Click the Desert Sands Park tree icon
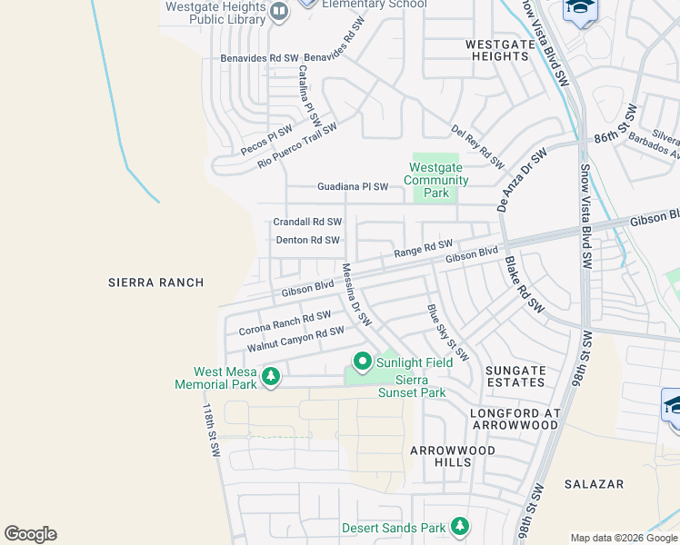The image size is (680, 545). (x=460, y=527)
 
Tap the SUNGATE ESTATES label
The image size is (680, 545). (x=515, y=377)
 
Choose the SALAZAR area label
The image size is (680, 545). (x=594, y=484)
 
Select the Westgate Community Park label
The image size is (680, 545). (x=435, y=180)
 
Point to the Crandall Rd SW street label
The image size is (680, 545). (x=307, y=222)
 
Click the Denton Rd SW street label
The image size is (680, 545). (x=307, y=241)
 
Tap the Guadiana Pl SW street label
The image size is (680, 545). (x=352, y=187)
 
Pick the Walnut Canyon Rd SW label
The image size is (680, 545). (x=295, y=342)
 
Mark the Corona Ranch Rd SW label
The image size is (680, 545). (x=284, y=322)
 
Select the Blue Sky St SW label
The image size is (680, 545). (x=447, y=332)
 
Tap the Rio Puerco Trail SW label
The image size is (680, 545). (x=297, y=146)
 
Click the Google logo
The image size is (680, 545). (x=30, y=534)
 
